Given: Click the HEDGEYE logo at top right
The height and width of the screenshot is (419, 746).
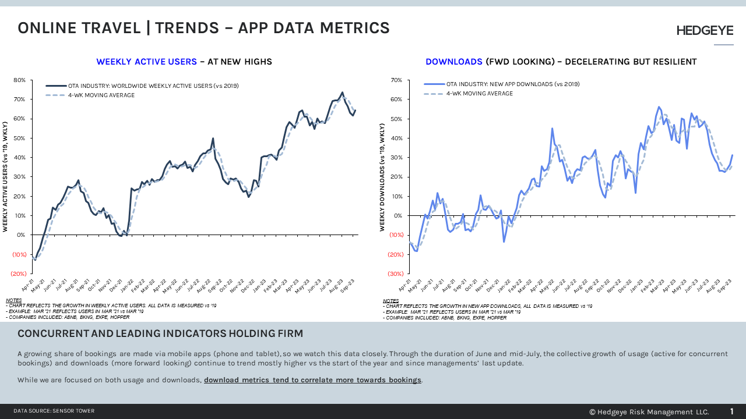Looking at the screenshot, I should pyautogui.click(x=705, y=31).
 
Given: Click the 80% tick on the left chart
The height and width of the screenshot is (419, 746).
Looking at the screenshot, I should pyautogui.click(x=19, y=80).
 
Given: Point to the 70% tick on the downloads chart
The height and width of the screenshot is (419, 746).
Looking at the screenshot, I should pyautogui.click(x=396, y=80).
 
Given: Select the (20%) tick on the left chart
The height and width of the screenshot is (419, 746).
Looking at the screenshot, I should pyautogui.click(x=18, y=274).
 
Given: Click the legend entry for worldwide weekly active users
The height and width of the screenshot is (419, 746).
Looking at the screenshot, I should pyautogui.click(x=153, y=86).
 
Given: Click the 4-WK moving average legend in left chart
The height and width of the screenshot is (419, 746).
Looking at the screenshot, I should pyautogui.click(x=101, y=95).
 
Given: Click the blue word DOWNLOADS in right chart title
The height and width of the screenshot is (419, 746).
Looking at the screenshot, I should pyautogui.click(x=453, y=62).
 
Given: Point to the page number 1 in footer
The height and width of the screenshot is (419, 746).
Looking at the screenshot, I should pyautogui.click(x=732, y=411).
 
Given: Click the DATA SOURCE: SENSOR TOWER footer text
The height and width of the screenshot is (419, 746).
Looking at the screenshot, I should pyautogui.click(x=54, y=411).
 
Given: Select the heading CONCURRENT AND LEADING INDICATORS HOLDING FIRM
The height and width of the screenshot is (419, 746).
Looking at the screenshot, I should pyautogui.click(x=160, y=333).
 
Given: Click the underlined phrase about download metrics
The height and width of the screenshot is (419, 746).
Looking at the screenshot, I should pyautogui.click(x=312, y=380).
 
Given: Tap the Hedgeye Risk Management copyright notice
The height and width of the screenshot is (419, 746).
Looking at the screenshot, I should pyautogui.click(x=649, y=412).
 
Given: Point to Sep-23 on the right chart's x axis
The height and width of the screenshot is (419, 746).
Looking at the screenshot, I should pyautogui.click(x=726, y=285).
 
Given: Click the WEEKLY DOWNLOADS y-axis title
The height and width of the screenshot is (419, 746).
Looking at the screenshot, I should pyautogui.click(x=382, y=177).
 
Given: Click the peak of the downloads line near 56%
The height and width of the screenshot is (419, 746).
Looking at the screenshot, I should pyautogui.click(x=659, y=107).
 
